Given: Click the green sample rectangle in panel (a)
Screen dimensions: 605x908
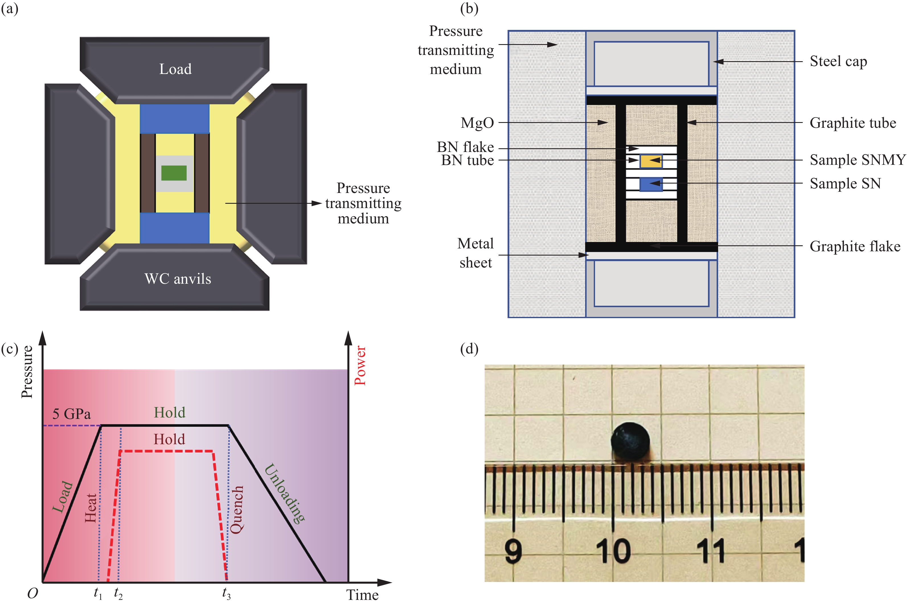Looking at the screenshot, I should point(174,173).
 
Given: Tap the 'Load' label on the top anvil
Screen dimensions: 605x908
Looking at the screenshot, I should point(175,69).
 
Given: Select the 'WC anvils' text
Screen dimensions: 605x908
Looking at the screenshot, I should point(178,279).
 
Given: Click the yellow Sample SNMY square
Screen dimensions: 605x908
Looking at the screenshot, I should point(651,161).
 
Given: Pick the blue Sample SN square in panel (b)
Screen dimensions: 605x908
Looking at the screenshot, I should point(651,184).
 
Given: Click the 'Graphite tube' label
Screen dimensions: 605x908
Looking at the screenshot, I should point(853,123).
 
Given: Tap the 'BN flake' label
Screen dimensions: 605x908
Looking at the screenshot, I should point(465,147).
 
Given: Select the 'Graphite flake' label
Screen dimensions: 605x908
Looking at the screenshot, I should point(855,246).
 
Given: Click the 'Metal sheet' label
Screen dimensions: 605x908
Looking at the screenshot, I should point(475,253).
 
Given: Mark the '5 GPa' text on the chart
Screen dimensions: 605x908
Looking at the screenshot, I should point(72,414).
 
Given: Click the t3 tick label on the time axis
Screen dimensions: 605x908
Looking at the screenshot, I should point(226,593).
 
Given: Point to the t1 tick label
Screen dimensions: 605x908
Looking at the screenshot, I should point(98,593).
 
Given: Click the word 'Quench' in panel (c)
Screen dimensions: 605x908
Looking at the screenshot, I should point(237,509).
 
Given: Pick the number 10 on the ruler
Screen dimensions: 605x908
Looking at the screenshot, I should point(613,551).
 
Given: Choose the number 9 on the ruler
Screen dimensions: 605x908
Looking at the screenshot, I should point(513,551).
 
